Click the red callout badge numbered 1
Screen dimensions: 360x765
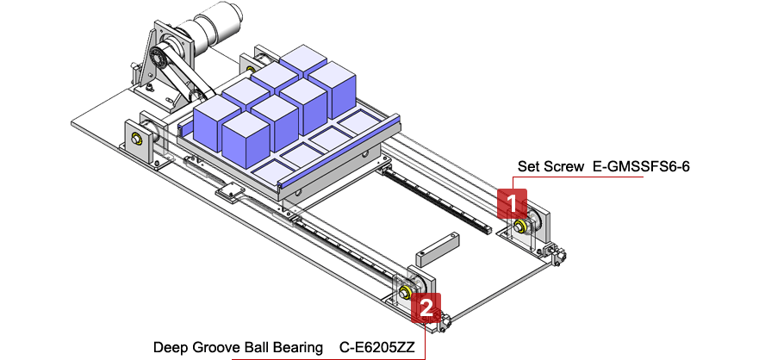[x=512, y=204]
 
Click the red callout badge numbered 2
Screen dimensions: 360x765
[x=426, y=307]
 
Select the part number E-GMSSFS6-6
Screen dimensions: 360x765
[x=642, y=166]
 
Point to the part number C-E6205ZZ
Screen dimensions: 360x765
[x=376, y=348]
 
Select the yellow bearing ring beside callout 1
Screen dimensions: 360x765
[x=521, y=227]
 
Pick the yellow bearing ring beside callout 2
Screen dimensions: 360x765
[x=403, y=293]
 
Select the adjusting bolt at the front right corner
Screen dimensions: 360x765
[x=560, y=255]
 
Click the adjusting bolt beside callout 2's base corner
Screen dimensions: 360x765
[x=445, y=323]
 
